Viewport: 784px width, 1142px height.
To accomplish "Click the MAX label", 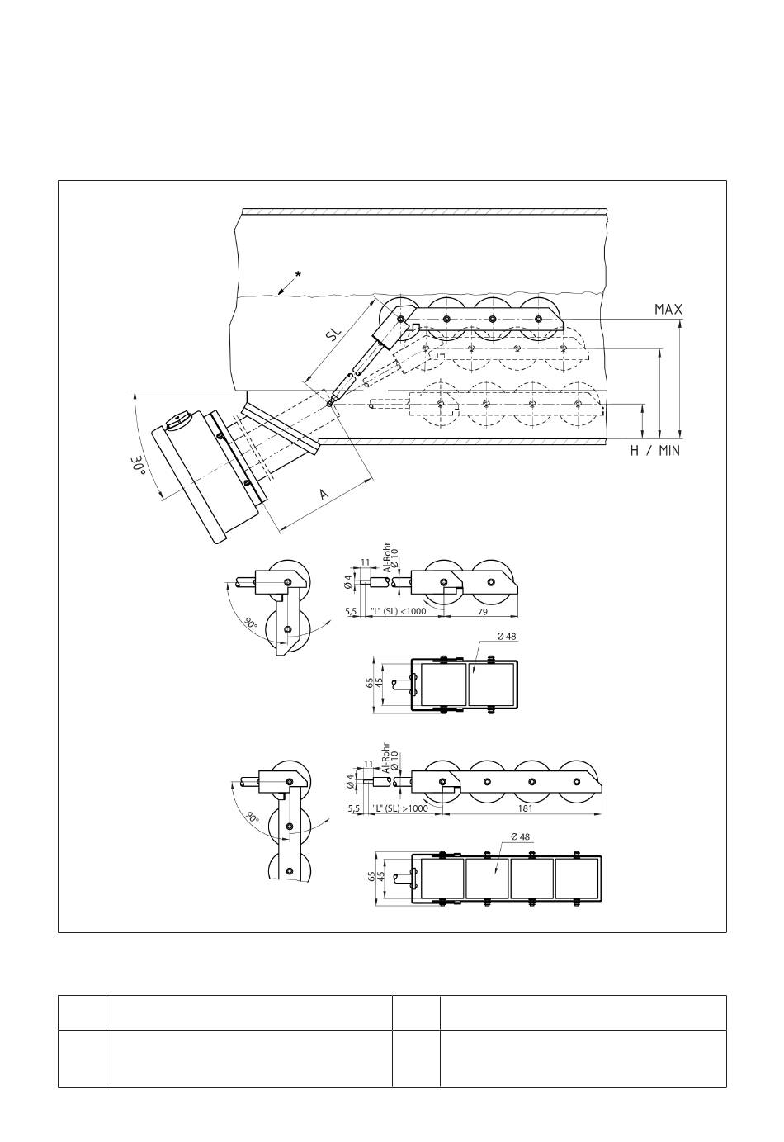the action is pos(668,309).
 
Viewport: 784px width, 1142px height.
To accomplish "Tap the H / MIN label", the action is pos(654,451).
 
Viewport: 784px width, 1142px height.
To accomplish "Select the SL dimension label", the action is pos(333,334).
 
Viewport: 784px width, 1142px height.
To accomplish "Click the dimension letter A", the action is pos(324,494).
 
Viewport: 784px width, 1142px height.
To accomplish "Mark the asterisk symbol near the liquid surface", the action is pos(298,274).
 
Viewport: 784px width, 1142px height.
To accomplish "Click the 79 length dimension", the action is pos(482,611).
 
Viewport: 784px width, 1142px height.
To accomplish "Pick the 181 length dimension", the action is pos(525,808).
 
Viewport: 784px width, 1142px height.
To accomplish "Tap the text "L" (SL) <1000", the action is pos(399,611).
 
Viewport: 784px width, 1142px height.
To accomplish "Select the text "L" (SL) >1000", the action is pos(400,808).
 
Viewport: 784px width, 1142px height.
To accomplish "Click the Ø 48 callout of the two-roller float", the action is pos(507,637).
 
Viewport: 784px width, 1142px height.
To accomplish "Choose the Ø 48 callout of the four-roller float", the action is pos(520,836).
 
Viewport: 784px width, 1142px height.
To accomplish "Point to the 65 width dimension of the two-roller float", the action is pos(370,683).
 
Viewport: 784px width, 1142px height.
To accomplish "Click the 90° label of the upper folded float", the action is pos(251,623).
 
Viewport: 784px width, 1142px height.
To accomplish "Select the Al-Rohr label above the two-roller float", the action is pos(387,557).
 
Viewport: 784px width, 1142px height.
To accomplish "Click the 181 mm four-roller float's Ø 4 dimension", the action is pos(350,781).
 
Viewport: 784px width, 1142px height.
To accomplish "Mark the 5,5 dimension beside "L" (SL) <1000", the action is pos(351,611).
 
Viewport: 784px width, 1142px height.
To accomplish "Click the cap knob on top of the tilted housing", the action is pos(178,420).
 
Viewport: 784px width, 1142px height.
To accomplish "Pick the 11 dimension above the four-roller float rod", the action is pos(368,764).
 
